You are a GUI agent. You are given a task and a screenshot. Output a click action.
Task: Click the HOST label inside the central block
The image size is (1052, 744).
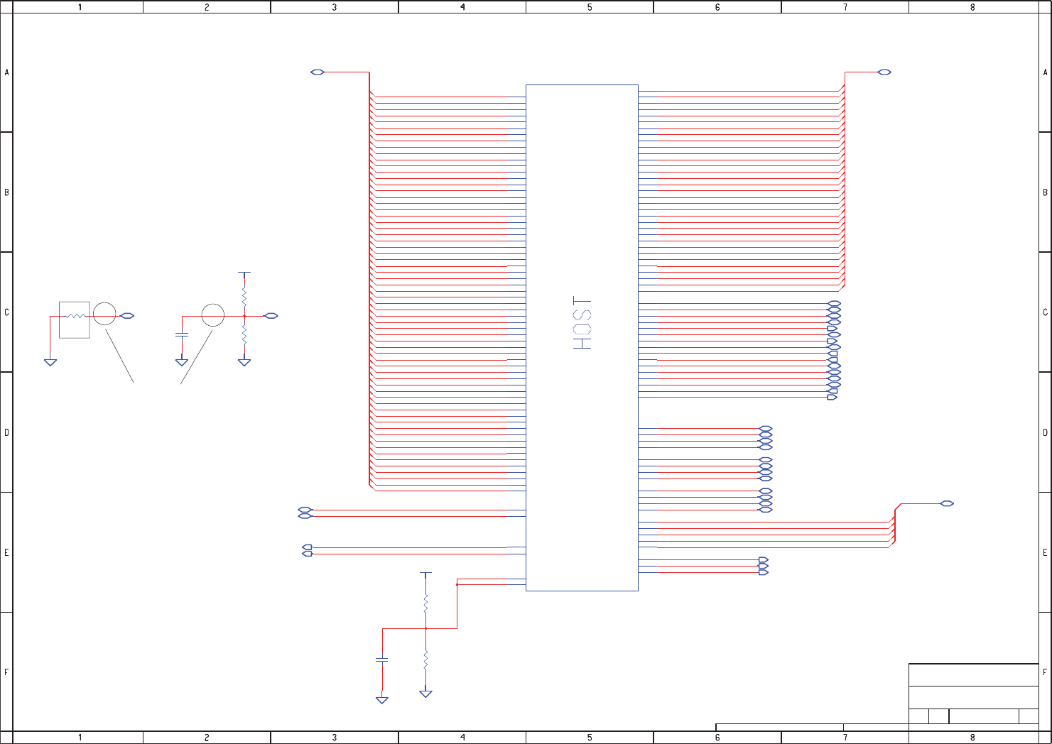[582, 323]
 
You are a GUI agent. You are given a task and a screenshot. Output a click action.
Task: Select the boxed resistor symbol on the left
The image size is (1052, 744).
[75, 319]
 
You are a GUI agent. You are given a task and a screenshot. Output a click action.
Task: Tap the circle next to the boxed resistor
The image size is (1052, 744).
[104, 314]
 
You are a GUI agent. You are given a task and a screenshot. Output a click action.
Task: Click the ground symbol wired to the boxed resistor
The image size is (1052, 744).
[50, 362]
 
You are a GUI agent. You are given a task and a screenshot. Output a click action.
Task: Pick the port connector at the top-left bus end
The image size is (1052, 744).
[318, 72]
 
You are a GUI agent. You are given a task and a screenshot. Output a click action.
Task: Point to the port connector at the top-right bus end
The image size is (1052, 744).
[884, 72]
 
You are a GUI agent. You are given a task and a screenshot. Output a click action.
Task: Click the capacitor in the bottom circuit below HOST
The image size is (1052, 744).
[381, 660]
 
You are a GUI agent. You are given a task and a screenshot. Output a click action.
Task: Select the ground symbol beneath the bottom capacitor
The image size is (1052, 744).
[381, 700]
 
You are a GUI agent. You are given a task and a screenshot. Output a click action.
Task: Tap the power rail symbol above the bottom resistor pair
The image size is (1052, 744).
[425, 573]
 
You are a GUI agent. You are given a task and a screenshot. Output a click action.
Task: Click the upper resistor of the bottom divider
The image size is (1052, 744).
[425, 604]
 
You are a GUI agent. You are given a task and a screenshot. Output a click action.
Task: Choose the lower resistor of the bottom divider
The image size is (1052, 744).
[425, 660]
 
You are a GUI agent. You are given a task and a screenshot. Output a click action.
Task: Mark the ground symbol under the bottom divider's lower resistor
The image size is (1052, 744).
[425, 694]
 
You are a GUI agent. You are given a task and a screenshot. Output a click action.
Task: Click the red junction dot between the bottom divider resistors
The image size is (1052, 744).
[425, 628]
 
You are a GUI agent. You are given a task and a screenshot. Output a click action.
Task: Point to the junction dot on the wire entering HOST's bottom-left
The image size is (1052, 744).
[457, 584]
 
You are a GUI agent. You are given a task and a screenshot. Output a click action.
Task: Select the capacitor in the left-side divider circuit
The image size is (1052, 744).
[182, 334]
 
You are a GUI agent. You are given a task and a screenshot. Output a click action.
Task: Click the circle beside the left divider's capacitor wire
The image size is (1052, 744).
[213, 315]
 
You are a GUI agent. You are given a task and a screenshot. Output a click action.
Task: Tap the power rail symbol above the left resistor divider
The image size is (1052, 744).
[244, 273]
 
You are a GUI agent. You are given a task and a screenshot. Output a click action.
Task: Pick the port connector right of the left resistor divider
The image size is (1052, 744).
[271, 316]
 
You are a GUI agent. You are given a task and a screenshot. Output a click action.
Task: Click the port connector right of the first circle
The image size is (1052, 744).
[127, 316]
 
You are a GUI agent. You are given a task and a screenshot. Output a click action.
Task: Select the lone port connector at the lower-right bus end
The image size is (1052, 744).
[947, 503]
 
